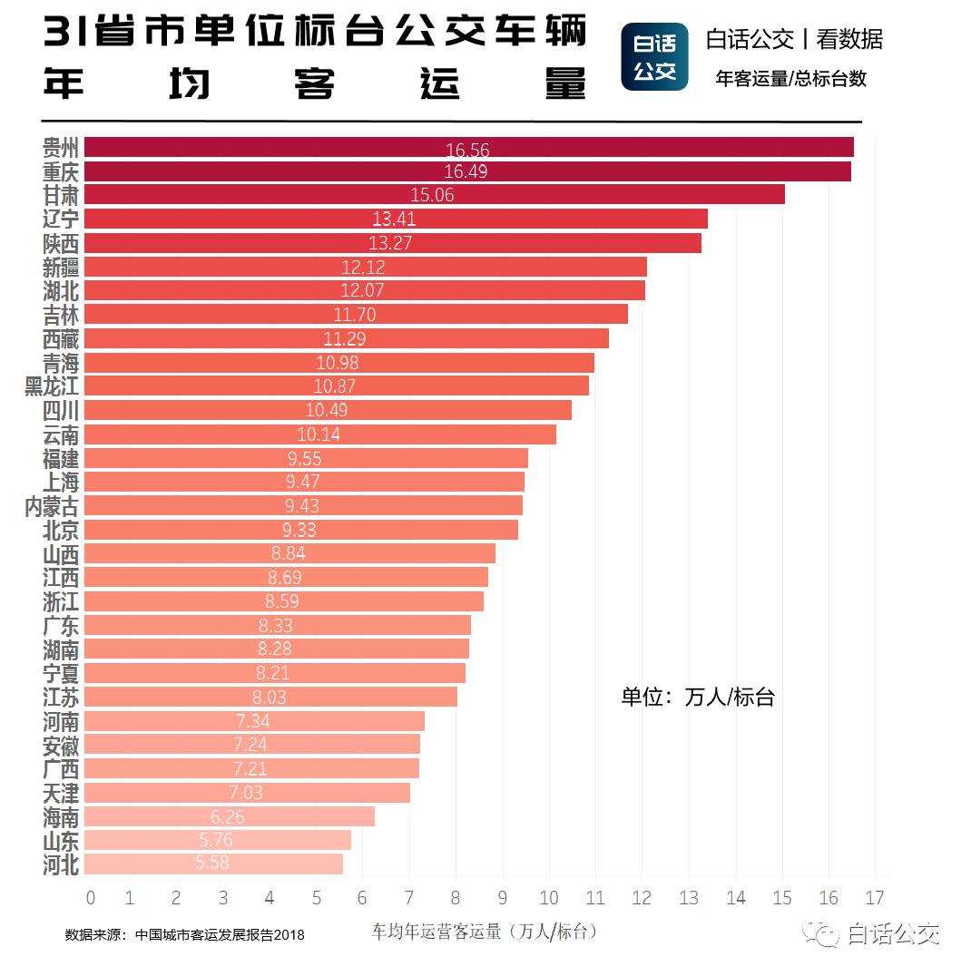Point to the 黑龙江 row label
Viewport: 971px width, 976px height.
pos(52,386)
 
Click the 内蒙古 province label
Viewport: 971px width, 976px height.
pos(52,506)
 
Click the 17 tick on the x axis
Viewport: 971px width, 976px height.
pos(875,898)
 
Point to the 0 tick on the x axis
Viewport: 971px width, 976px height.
pos(90,898)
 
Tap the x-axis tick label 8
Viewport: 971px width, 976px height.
pos(456,898)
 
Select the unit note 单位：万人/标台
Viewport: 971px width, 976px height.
pos(697,697)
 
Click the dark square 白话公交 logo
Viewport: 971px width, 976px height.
pos(654,56)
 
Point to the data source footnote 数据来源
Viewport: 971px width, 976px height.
pos(184,934)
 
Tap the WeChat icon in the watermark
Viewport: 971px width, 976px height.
pos(826,933)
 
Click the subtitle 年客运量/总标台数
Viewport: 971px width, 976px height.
pos(790,79)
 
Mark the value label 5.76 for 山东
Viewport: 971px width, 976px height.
pos(216,840)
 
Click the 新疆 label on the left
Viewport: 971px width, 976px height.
pos(61,267)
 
